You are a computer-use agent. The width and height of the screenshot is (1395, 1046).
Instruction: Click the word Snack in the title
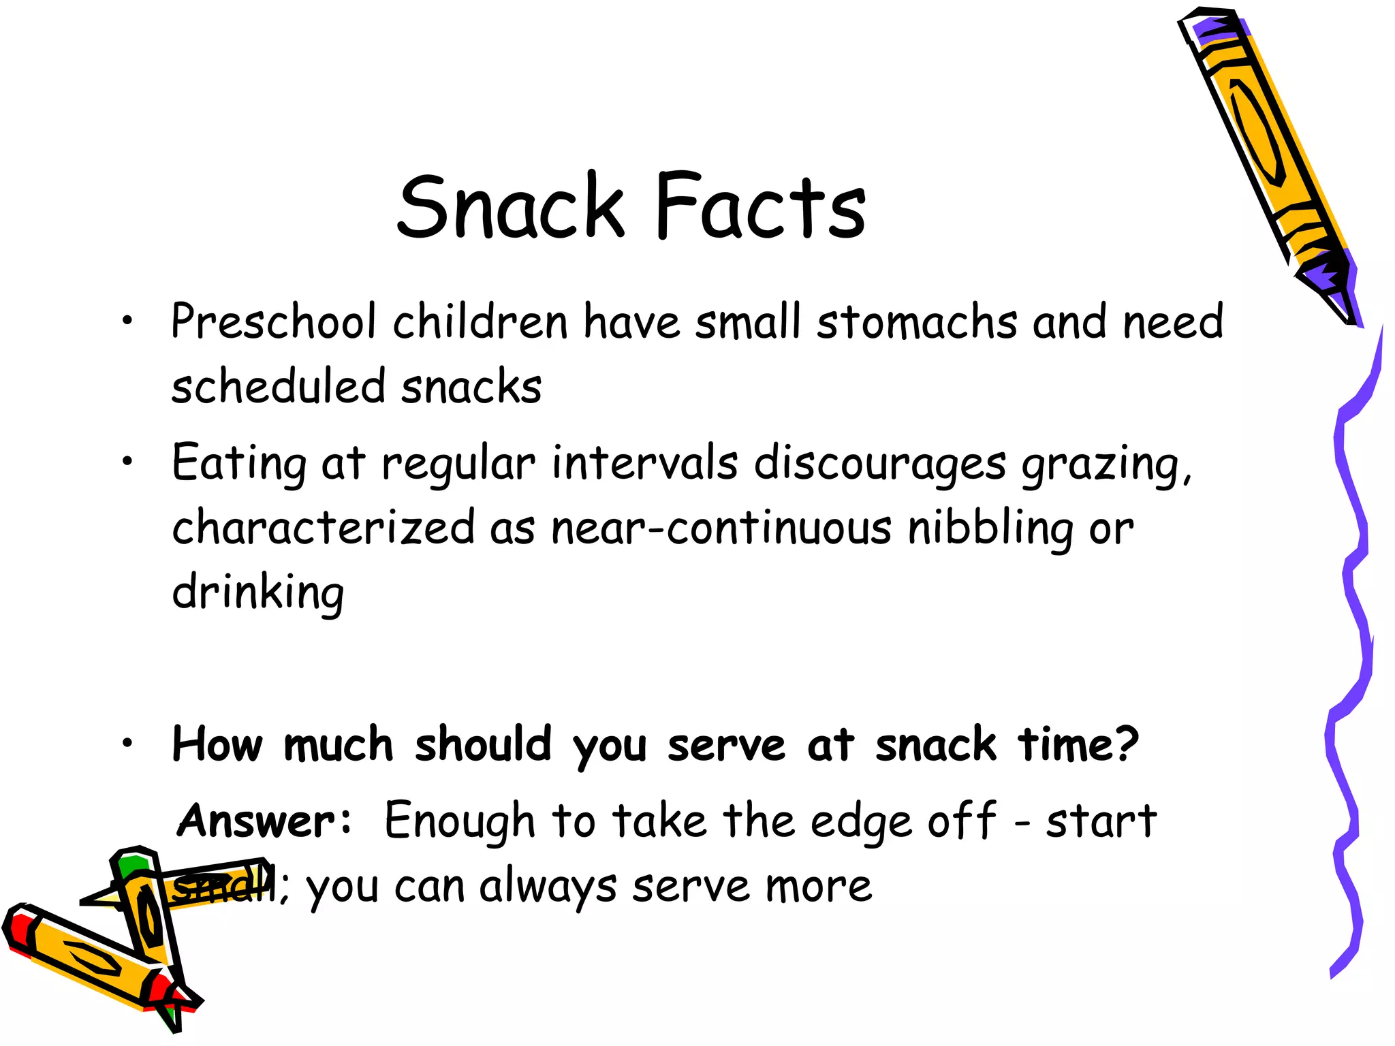(x=510, y=206)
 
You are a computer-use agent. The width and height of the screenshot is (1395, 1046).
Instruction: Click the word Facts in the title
(x=760, y=206)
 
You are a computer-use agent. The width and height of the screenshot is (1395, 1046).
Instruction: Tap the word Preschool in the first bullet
(x=273, y=321)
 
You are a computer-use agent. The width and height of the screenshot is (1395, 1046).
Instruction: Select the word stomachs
(x=917, y=321)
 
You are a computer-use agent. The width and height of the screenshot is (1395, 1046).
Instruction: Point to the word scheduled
(x=279, y=386)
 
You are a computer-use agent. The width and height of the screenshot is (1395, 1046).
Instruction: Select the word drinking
(x=258, y=592)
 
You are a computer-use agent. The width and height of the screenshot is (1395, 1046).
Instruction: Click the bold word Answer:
(x=265, y=821)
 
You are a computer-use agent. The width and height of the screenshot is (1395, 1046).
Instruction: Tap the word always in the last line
(x=548, y=887)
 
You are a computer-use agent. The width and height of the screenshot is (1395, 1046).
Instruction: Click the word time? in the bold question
(x=1078, y=744)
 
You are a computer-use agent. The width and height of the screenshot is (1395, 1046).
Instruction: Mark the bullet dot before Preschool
(x=127, y=321)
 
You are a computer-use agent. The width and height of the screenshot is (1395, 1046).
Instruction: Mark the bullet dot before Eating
(x=127, y=462)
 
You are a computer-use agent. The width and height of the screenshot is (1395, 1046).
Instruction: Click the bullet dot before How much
(x=127, y=744)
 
